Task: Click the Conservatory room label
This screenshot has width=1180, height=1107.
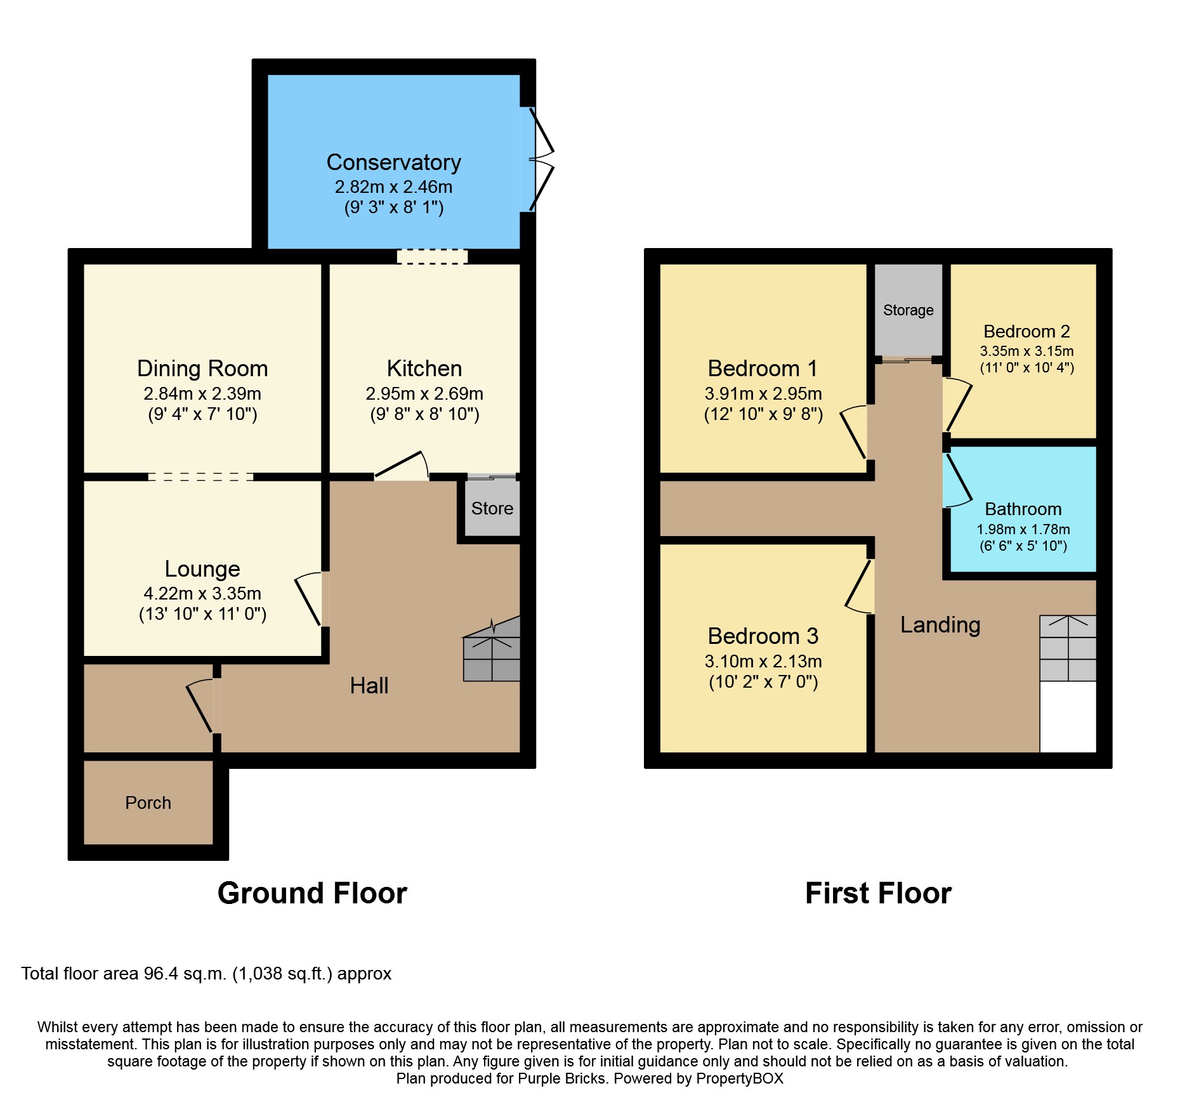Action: (x=393, y=162)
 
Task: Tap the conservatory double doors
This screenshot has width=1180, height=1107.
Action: (x=539, y=159)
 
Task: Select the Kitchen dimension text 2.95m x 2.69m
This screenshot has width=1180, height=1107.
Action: (x=424, y=393)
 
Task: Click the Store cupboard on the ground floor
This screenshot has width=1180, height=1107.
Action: (x=492, y=508)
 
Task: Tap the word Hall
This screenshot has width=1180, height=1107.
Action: (x=369, y=685)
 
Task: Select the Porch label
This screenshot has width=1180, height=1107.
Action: (x=148, y=802)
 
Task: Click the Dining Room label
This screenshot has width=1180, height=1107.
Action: (x=202, y=369)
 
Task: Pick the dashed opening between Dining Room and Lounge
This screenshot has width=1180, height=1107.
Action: (x=201, y=477)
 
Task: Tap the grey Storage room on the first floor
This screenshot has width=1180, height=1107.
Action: (x=908, y=310)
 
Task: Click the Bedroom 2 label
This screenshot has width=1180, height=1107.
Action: (x=1026, y=331)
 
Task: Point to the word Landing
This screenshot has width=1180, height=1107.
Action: (x=940, y=625)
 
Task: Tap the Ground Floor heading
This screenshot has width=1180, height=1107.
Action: (x=312, y=893)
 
